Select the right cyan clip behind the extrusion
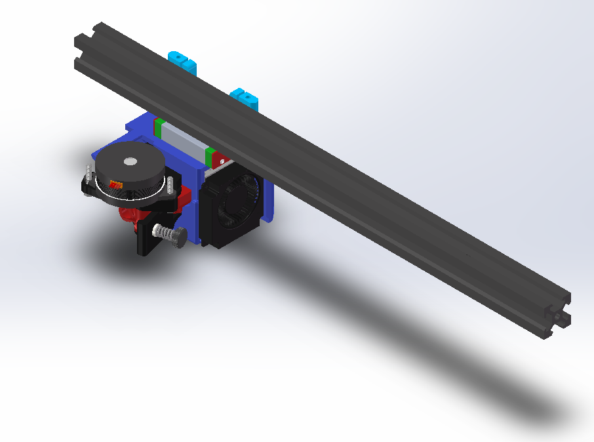(246, 98)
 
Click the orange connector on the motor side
(115, 186)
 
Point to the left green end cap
(158, 127)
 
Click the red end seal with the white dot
(220, 161)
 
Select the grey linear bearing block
(182, 141)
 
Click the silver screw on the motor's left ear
(87, 176)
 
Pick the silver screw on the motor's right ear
(171, 184)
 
